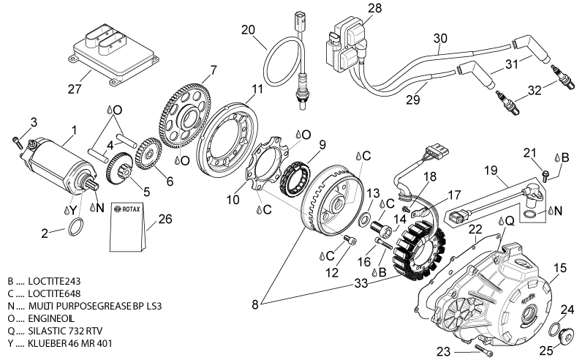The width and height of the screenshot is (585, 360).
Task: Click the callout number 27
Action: (x=75, y=89)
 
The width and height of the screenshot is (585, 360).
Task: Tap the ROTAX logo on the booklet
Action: (x=127, y=209)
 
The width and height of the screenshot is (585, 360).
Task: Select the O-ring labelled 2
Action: (x=76, y=227)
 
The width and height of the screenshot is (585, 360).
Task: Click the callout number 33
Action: (x=361, y=283)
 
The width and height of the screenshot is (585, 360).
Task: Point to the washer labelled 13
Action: (x=363, y=220)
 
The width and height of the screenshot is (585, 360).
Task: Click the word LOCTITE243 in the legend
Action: (x=54, y=281)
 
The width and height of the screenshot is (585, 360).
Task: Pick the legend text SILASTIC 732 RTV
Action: (x=65, y=331)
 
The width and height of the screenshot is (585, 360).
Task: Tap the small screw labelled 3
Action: (x=16, y=142)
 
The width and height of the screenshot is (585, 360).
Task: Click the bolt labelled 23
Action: (x=484, y=350)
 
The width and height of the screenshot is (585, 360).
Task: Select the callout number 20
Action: (x=248, y=30)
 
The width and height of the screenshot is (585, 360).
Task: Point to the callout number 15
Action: (x=559, y=268)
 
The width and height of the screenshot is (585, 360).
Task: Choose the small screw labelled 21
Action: (x=546, y=173)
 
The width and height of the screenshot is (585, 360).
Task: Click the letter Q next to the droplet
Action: (x=510, y=221)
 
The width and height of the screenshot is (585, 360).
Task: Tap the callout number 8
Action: (x=254, y=304)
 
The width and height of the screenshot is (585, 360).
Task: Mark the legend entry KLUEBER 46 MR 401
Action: (x=69, y=343)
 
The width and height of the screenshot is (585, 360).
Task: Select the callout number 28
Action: (x=374, y=8)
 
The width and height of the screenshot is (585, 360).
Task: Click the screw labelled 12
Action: (x=350, y=240)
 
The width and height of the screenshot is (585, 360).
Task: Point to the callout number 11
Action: (x=257, y=89)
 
